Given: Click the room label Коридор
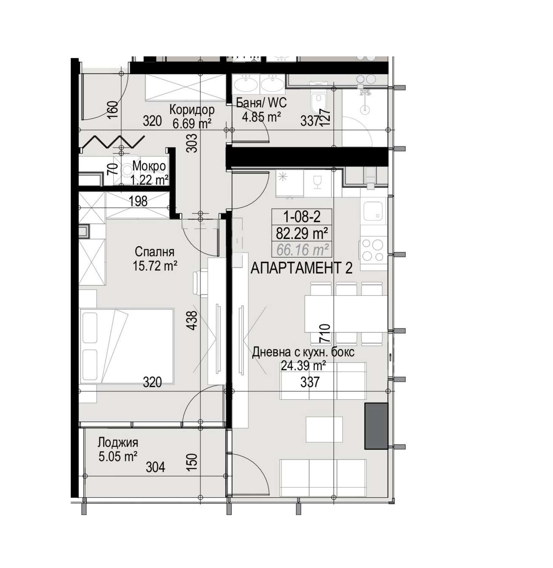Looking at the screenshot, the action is (x=192, y=110).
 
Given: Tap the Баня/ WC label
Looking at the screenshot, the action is (x=261, y=103).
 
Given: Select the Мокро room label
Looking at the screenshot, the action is (x=149, y=166).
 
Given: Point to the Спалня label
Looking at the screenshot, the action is (x=154, y=252).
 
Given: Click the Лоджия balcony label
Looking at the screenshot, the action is (x=118, y=442).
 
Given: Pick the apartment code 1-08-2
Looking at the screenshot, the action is (x=302, y=216).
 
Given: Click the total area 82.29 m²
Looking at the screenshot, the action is (x=302, y=233).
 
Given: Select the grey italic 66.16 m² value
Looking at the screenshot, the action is (x=302, y=250).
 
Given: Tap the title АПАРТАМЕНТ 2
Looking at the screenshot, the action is (x=302, y=268).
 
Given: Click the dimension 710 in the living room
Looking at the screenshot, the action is (x=325, y=333).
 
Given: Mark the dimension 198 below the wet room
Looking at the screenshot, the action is (x=138, y=201).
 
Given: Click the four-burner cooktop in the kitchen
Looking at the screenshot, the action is (x=373, y=250).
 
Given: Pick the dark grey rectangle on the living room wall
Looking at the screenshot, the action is (x=376, y=426).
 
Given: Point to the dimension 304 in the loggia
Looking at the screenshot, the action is (x=155, y=467).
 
